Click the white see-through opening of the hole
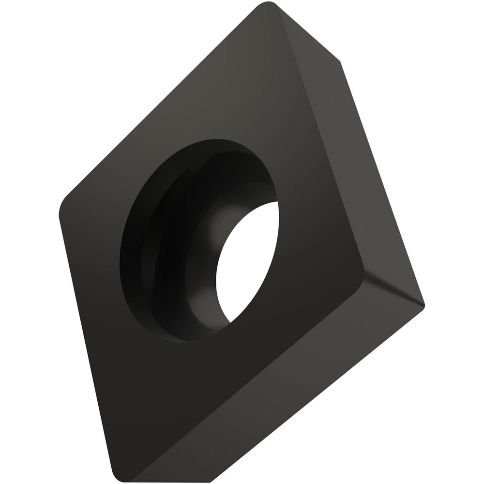(x=247, y=261)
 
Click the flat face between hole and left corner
(x=92, y=232)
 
